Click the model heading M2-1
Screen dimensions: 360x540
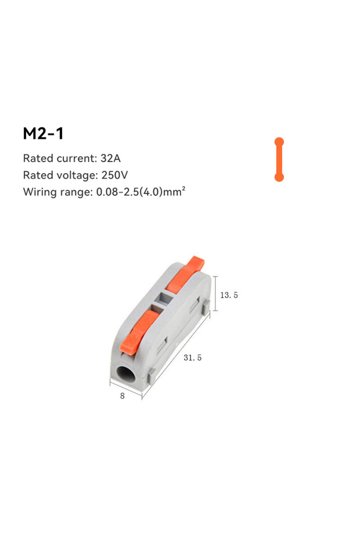pyautogui.click(x=44, y=134)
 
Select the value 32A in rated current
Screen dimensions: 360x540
pyautogui.click(x=110, y=158)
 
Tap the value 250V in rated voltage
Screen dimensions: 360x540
pyautogui.click(x=115, y=175)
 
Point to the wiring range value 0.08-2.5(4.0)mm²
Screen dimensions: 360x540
pyautogui.click(x=141, y=191)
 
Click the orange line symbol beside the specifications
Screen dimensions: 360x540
pyautogui.click(x=279, y=160)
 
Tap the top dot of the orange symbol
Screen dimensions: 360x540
pyautogui.click(x=279, y=142)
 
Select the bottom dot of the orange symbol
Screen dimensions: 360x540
pyautogui.click(x=279, y=177)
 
